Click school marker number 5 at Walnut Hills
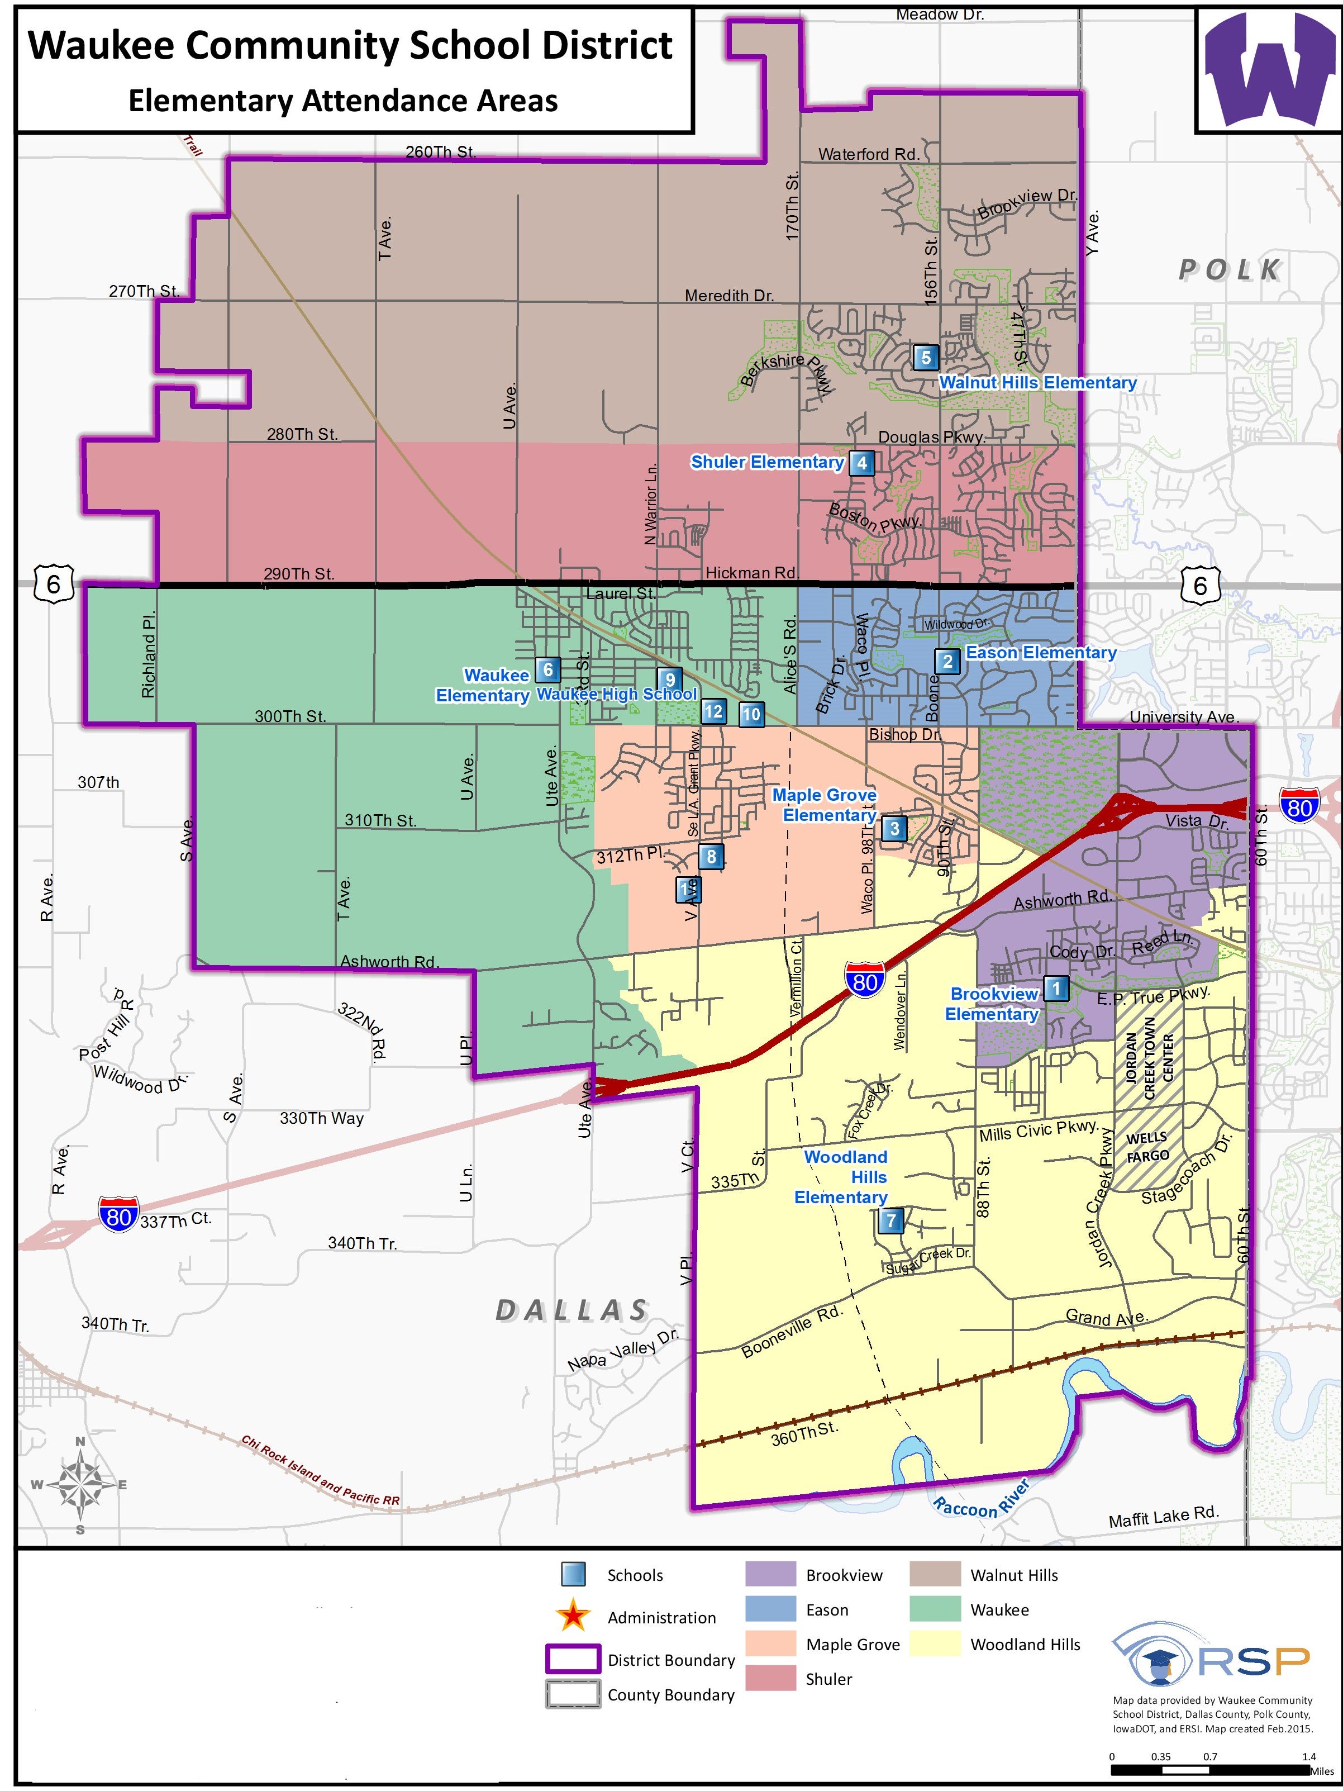925,357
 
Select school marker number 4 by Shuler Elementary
861,462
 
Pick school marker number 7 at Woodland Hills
890,1220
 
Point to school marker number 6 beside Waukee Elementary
548,669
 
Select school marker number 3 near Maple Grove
894,828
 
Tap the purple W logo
1269,70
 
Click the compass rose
79,1484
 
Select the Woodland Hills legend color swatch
934,1643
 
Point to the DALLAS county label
572,1310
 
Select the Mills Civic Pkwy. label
1039,1131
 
